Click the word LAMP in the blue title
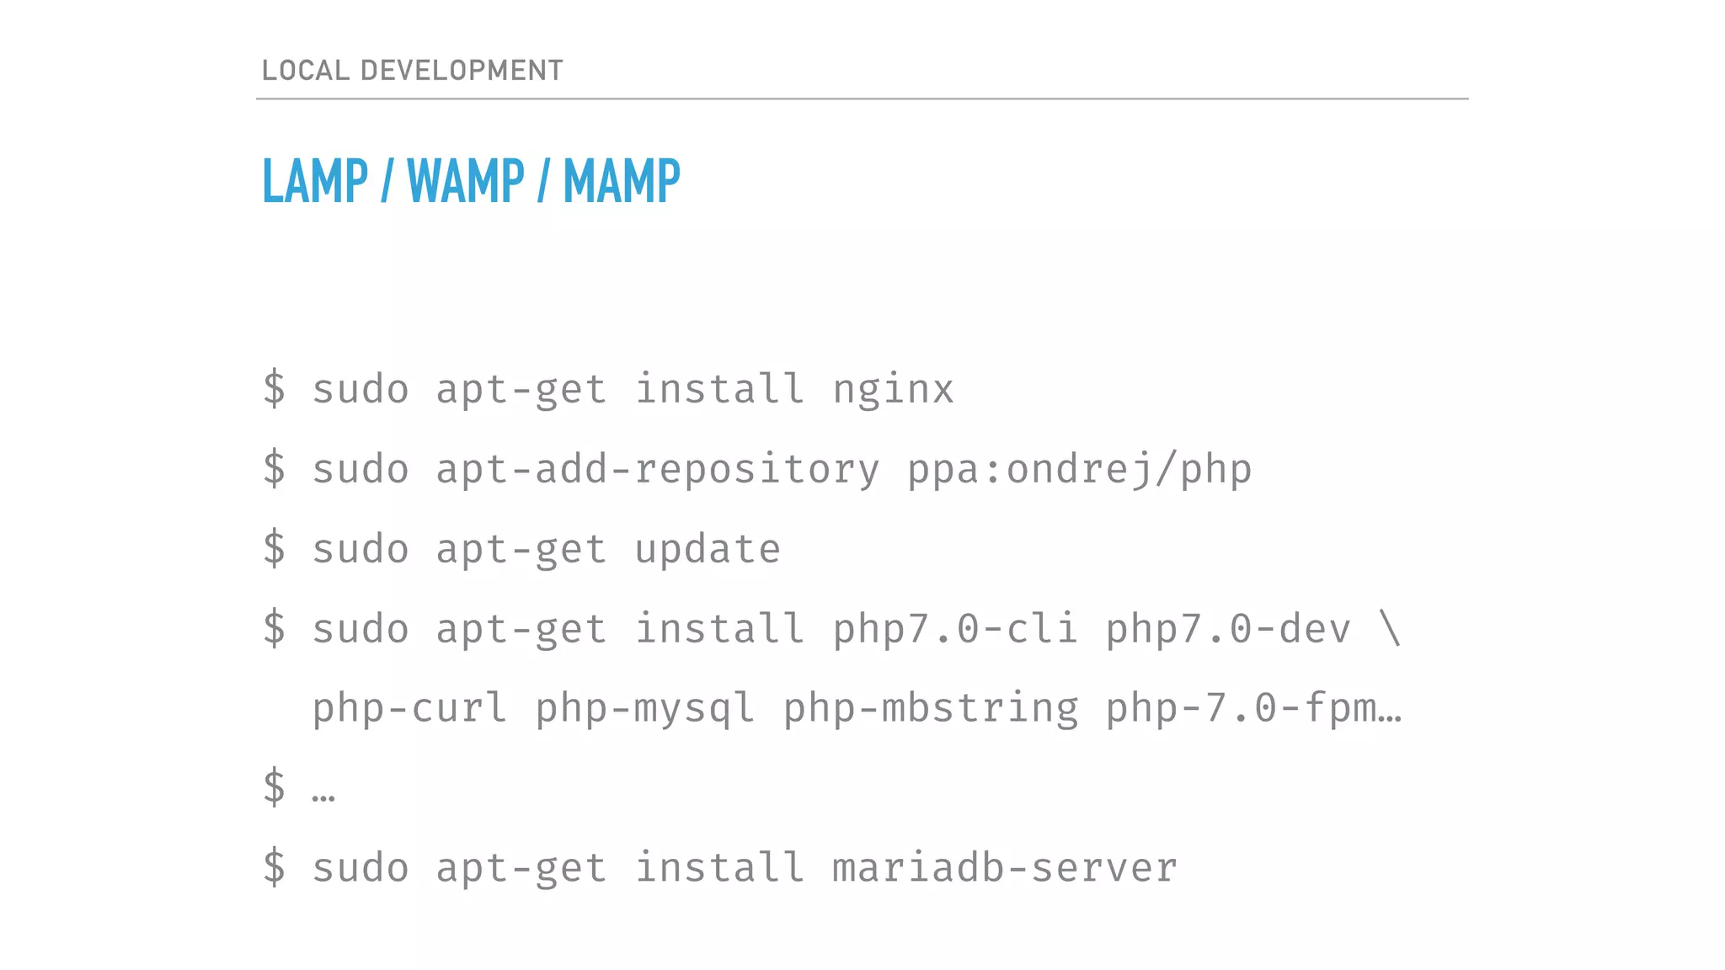click(315, 181)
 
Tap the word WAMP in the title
click(466, 181)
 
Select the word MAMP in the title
click(622, 181)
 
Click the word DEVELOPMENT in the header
click(462, 70)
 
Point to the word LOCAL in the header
click(306, 70)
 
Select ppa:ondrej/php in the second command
click(1080, 470)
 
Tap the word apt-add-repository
click(658, 470)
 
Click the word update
click(708, 550)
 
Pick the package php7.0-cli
click(955, 629)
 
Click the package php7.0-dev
click(1227, 629)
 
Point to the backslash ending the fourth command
click(1390, 629)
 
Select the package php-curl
click(410, 708)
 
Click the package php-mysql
click(644, 708)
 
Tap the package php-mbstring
click(931, 708)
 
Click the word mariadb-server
click(1005, 868)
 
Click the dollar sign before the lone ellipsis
click(275, 787)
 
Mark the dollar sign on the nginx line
click(275, 389)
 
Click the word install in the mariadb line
click(719, 868)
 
